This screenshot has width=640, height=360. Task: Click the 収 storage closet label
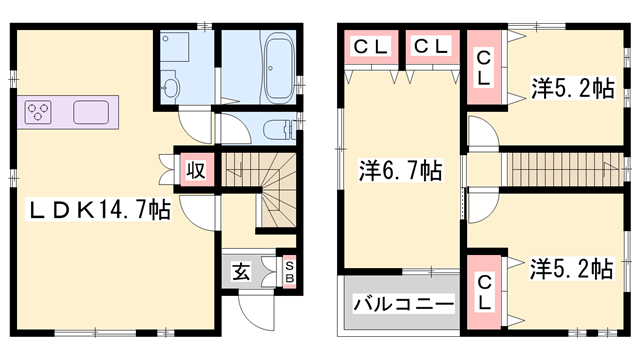(x=196, y=168)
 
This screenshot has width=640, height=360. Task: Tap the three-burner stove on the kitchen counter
(x=38, y=111)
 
